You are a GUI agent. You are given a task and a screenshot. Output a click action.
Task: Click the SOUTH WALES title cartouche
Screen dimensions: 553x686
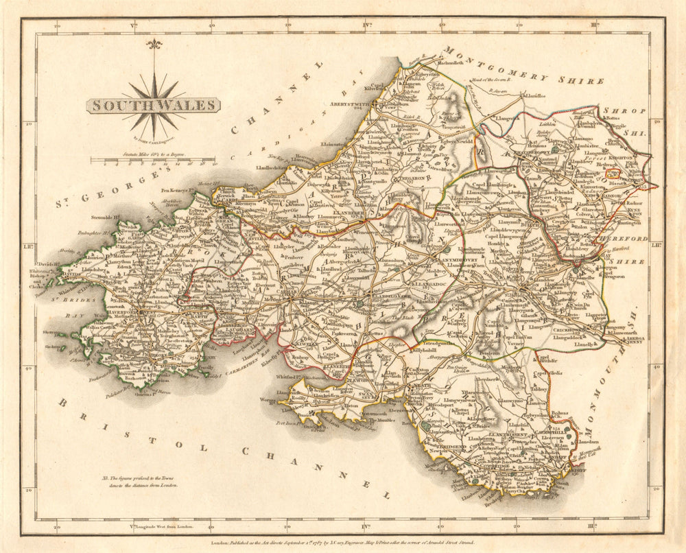pyautogui.click(x=152, y=106)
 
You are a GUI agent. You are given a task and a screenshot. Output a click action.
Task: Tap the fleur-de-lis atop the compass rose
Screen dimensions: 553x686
pyautogui.click(x=154, y=45)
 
